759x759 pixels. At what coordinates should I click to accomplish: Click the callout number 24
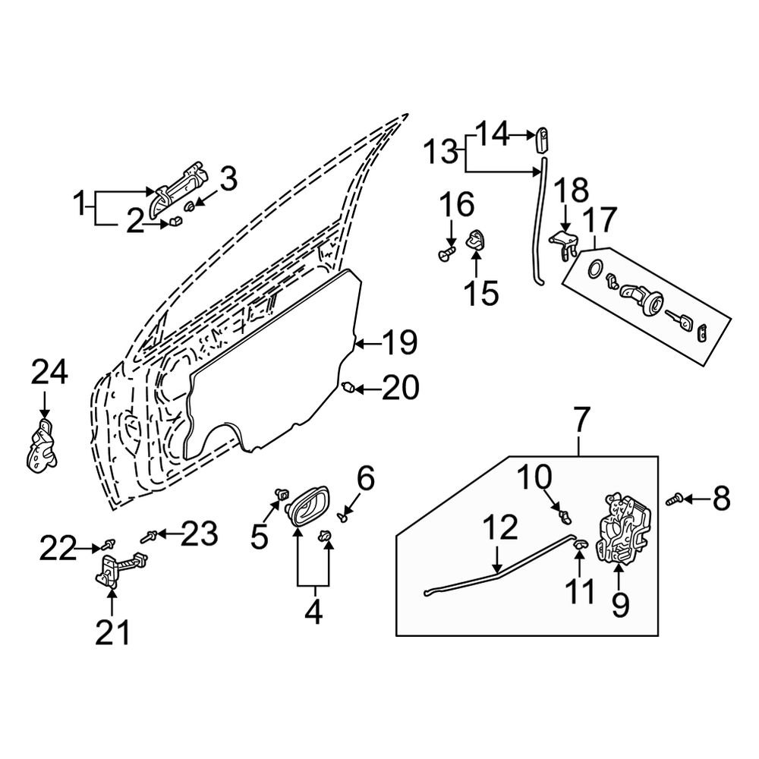pyautogui.click(x=49, y=373)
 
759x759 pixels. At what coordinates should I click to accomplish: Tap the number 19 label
pyautogui.click(x=399, y=344)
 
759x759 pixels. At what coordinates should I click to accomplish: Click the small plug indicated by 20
pyautogui.click(x=348, y=389)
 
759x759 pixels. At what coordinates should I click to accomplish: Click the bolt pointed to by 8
pyautogui.click(x=672, y=499)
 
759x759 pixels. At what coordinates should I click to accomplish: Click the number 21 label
pyautogui.click(x=112, y=631)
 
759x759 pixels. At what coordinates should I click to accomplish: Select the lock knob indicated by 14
pyautogui.click(x=542, y=139)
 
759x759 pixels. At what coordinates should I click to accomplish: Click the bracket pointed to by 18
pyautogui.click(x=563, y=243)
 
